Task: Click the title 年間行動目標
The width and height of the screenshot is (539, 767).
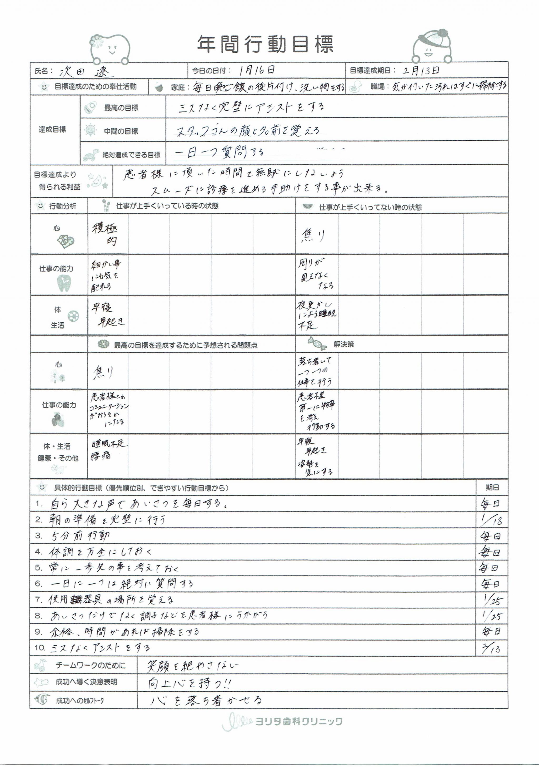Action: [265, 45]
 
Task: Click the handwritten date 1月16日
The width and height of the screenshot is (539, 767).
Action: [257, 70]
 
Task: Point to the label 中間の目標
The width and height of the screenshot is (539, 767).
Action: [121, 131]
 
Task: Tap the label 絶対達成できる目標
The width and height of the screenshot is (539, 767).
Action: [131, 155]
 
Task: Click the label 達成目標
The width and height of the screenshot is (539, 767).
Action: [52, 130]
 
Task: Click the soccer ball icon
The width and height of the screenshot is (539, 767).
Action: [73, 316]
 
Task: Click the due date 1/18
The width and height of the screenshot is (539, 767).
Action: [492, 519]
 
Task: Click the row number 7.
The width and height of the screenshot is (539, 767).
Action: [38, 600]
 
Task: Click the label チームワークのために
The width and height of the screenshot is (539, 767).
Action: [91, 665]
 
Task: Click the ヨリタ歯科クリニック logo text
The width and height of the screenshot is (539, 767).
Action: [299, 722]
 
